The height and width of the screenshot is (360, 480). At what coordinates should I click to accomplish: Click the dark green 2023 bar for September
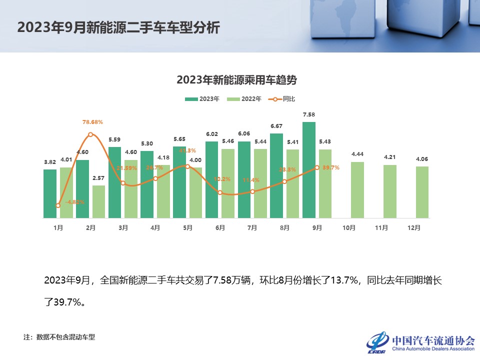pos(309,170)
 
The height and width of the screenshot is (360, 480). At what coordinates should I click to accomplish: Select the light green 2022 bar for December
pos(422,192)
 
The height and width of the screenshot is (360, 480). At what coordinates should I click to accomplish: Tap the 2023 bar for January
pos(50,193)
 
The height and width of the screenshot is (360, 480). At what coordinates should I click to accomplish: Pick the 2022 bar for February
pos(98,201)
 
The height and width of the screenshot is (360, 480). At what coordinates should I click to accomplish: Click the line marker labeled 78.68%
pos(90,134)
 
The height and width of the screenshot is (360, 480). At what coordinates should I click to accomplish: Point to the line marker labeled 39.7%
pos(317,167)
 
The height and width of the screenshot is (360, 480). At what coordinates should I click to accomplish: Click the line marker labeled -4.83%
pos(58,205)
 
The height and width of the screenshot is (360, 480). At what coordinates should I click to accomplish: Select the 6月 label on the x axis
pos(220,227)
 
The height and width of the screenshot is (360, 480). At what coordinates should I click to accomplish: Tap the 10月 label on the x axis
pos(349,227)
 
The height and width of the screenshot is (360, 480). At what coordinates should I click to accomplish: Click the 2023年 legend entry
pos(202,99)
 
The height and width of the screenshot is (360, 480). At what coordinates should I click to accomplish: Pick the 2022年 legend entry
pos(244,99)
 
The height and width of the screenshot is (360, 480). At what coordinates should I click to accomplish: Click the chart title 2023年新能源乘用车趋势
pos(240,79)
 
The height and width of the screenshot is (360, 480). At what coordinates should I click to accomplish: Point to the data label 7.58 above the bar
pos(309,115)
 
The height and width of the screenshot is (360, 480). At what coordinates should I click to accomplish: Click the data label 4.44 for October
pos(357,154)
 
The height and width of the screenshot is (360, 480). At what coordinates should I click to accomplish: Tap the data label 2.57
pos(98,178)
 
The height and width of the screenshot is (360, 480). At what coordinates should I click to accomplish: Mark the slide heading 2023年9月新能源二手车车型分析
pos(118,27)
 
